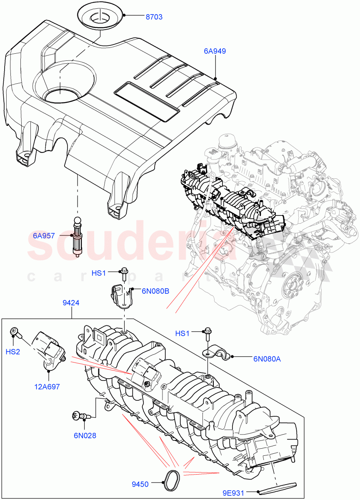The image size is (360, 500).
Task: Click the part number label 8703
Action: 153,17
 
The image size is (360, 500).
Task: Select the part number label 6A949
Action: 215,51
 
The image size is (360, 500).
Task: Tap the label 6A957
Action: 44,236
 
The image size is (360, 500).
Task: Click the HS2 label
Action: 13,352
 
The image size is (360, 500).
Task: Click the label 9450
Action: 140,484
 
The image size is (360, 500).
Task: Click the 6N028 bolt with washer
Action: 80,415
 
